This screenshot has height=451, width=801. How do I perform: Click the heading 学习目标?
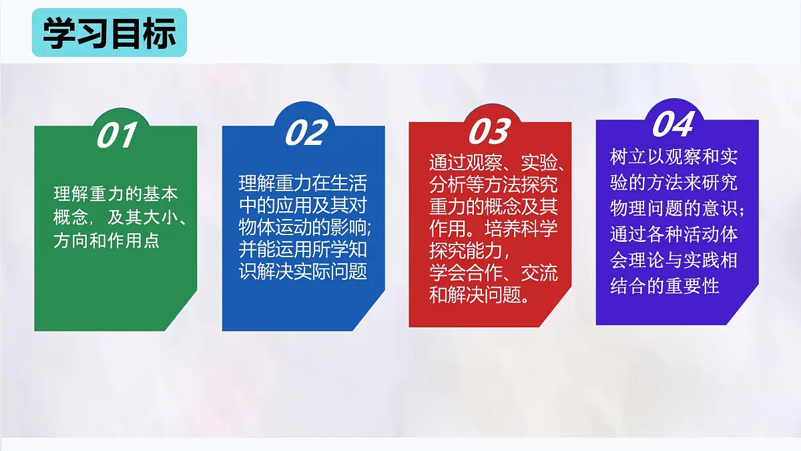109,33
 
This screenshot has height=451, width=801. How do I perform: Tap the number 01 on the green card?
117,136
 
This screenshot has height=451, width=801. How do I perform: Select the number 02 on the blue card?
306,133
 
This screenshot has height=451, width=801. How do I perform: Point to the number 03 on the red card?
489,131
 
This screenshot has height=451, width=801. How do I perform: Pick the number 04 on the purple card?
673,124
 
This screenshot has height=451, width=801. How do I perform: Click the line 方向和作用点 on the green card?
107,240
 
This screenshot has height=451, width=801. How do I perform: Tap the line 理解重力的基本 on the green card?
116,194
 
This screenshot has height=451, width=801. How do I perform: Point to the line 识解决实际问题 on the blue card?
303,272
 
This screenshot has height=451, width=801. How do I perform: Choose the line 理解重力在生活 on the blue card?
303,183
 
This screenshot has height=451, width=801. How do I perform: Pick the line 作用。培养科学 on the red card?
493,229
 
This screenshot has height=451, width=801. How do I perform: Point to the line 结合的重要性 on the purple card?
665,285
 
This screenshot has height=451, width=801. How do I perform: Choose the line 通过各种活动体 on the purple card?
674,235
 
